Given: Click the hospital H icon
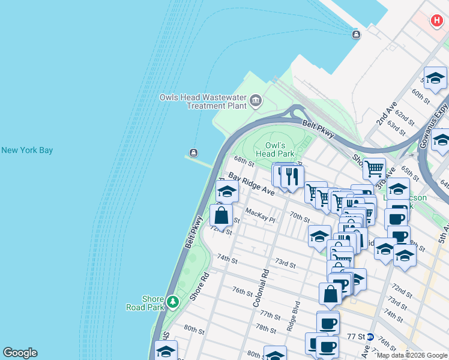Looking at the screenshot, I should point(436,21).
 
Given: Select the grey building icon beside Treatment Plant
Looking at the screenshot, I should point(256,100).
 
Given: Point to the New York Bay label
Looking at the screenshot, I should point(27,150).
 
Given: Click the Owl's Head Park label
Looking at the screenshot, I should point(279,149).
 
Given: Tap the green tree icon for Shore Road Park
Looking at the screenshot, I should point(173,301).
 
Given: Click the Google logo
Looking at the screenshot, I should point(20,353).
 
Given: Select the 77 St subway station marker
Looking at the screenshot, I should point(370,337).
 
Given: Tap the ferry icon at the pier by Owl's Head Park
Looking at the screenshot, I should point(193,152).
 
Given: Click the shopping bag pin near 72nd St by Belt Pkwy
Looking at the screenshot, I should point(221,216).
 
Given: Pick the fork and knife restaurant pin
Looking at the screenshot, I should point(292,176).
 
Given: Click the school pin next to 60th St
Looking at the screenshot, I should point(435,79).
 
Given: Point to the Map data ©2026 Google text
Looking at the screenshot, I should point(412,355).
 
